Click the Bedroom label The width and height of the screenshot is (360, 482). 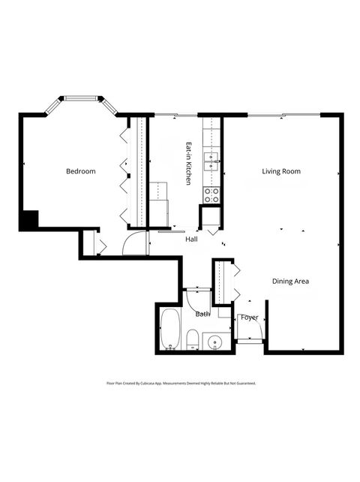[x=81, y=172]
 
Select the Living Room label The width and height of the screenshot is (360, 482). [x=281, y=172]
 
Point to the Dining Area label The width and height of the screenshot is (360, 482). [x=290, y=282]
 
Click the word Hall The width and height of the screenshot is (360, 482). [x=191, y=239]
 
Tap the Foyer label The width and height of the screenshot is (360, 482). [x=249, y=318]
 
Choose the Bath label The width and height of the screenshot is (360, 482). [x=202, y=314]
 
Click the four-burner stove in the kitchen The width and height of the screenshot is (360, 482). [x=212, y=195]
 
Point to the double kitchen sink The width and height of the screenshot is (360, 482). [x=212, y=158]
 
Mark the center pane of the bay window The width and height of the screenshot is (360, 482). [x=81, y=98]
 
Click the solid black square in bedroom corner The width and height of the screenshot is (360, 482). [x=28, y=220]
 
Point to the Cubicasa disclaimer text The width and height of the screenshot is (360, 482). [x=181, y=383]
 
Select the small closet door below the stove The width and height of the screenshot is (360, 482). [x=210, y=218]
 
